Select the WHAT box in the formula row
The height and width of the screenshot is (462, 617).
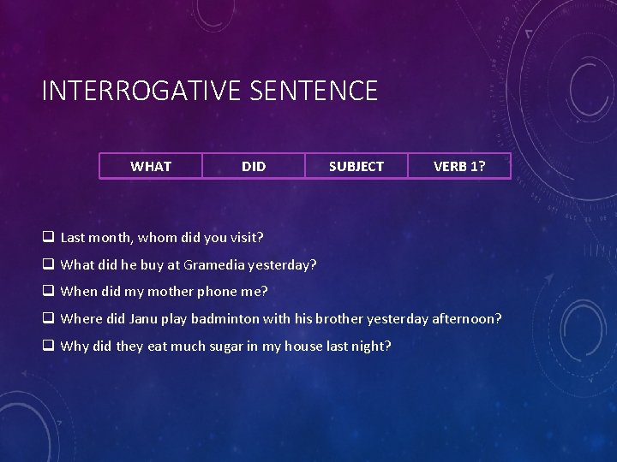click(151, 166)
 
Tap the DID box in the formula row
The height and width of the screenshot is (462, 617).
click(254, 166)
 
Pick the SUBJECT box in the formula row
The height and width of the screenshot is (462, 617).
click(356, 166)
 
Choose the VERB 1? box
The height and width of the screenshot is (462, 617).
click(459, 166)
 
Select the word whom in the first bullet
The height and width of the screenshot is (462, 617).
click(159, 236)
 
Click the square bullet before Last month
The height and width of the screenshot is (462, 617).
click(48, 236)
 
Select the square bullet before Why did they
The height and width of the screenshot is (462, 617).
click(48, 346)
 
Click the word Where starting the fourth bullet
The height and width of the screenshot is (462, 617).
click(81, 318)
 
